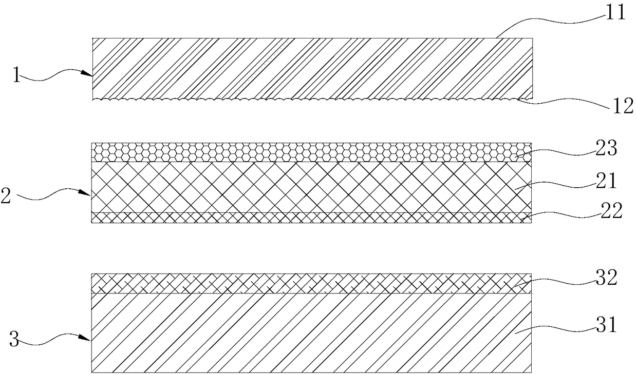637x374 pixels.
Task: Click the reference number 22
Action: pyautogui.click(x=611, y=211)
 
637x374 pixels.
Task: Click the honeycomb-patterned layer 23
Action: pyautogui.click(x=308, y=152)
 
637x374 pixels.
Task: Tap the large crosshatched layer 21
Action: pyautogui.click(x=308, y=187)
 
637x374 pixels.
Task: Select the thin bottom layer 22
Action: pyautogui.click(x=308, y=218)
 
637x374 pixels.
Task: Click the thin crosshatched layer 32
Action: pyautogui.click(x=308, y=283)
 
